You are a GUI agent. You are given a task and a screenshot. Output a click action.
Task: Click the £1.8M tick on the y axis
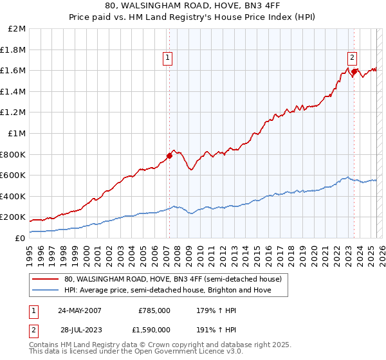coord(13,50)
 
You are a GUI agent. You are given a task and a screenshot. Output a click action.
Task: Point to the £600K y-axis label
coord(13,175)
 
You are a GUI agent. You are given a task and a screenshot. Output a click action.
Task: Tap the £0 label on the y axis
coord(20,238)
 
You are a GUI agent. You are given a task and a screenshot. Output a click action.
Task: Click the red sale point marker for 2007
coord(169,156)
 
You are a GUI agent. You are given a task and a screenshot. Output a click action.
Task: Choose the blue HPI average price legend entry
coord(167,290)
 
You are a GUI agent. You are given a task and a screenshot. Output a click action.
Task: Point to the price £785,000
coord(154,310)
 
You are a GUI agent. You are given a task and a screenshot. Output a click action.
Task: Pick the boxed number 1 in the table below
coord(33,310)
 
